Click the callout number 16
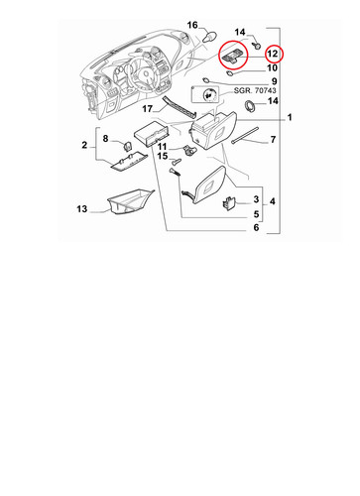click(x=192, y=25)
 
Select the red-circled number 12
click(x=273, y=54)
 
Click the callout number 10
click(x=272, y=67)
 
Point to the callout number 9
click(x=274, y=81)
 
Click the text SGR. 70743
click(x=255, y=90)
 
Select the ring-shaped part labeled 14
click(x=250, y=105)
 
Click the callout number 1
click(x=290, y=117)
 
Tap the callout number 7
click(x=273, y=140)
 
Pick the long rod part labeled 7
click(x=245, y=136)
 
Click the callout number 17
click(x=148, y=108)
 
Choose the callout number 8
click(x=105, y=138)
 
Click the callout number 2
click(x=84, y=145)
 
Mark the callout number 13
click(x=82, y=209)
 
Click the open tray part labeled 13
click(x=131, y=201)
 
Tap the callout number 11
click(x=163, y=146)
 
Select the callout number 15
click(x=163, y=156)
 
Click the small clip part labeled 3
click(x=229, y=202)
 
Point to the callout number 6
click(x=256, y=227)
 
